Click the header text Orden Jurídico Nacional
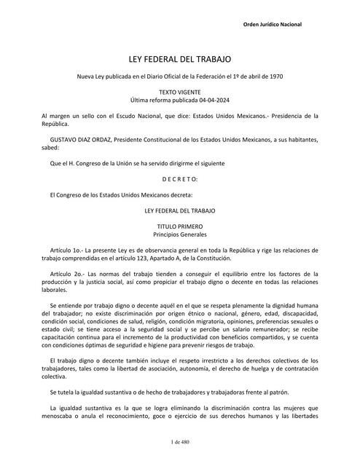pos(270,25)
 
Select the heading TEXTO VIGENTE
pos(179,92)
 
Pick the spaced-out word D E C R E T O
pos(179,178)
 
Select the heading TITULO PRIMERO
pos(179,227)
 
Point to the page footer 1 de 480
pos(179,443)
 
